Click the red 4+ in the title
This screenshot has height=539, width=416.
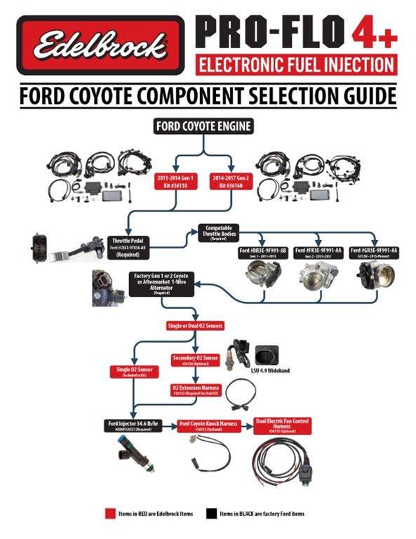pos(373,33)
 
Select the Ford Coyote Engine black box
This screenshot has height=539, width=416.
pos(203,127)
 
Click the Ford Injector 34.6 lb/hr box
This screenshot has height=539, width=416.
pos(135,426)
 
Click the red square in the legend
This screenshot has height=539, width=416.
pos(108,514)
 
